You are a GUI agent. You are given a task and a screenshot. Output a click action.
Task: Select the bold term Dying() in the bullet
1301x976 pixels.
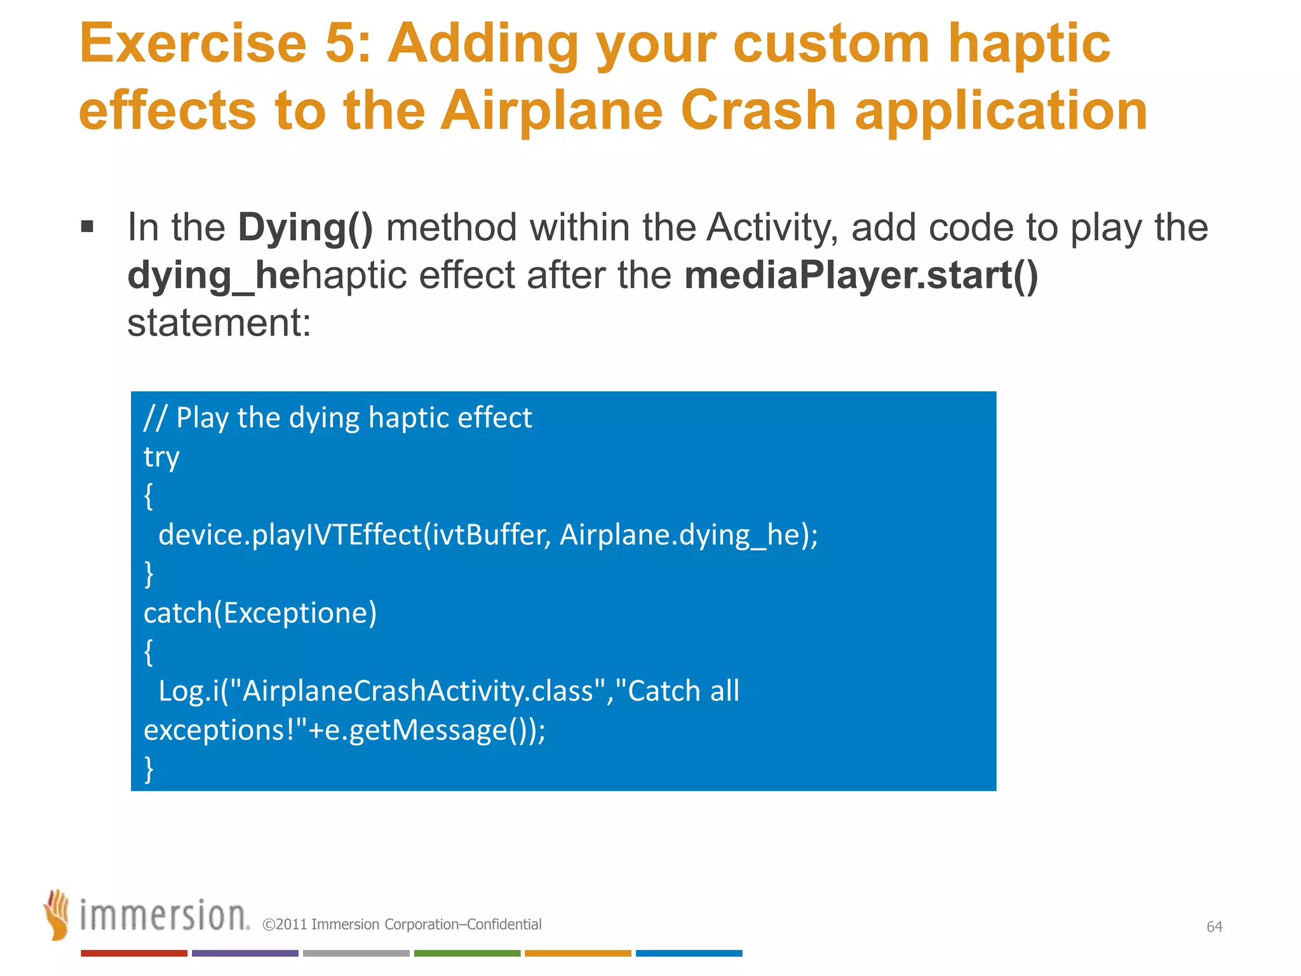(306, 227)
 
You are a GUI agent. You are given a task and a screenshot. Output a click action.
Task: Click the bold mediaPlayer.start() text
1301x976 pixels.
(861, 275)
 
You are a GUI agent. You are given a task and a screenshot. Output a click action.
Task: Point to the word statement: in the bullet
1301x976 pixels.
(219, 323)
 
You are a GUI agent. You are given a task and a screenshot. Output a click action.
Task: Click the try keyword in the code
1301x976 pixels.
(161, 457)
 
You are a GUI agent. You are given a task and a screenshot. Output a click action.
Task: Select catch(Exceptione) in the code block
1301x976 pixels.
(260, 613)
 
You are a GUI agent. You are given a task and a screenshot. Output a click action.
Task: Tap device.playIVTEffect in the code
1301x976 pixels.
(290, 534)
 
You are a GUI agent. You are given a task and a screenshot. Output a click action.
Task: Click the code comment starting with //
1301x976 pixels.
(337, 418)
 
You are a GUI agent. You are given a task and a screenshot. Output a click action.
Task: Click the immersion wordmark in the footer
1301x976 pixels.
(164, 916)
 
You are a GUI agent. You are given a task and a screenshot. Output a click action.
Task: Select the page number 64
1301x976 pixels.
(1214, 926)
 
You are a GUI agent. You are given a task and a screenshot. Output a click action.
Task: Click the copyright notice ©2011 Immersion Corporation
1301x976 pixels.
(401, 925)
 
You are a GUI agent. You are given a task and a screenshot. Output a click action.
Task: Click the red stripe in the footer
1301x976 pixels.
(134, 953)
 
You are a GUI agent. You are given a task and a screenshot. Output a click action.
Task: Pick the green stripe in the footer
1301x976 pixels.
(467, 953)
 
